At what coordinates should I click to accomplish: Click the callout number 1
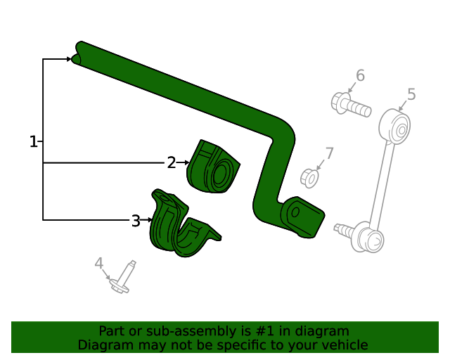click(33, 141)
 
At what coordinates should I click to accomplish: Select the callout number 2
click(171, 163)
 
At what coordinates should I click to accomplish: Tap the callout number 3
click(135, 221)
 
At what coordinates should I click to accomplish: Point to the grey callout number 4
click(99, 264)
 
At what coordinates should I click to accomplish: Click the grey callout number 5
click(411, 94)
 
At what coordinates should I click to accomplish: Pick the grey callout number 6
click(360, 75)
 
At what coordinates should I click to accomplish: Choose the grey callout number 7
click(329, 153)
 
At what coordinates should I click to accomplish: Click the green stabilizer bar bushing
click(213, 167)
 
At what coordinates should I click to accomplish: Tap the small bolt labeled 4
click(124, 277)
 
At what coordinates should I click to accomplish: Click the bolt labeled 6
click(349, 106)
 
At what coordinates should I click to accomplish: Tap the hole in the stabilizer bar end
click(296, 211)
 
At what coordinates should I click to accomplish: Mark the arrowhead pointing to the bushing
click(187, 163)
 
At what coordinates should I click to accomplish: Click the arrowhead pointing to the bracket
click(151, 220)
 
